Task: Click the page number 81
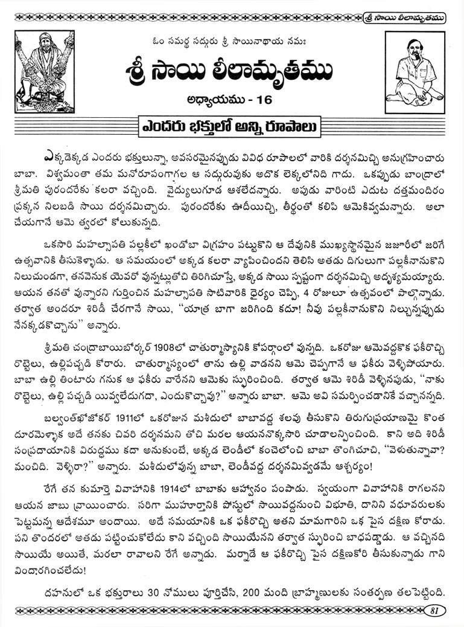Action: [433, 610]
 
